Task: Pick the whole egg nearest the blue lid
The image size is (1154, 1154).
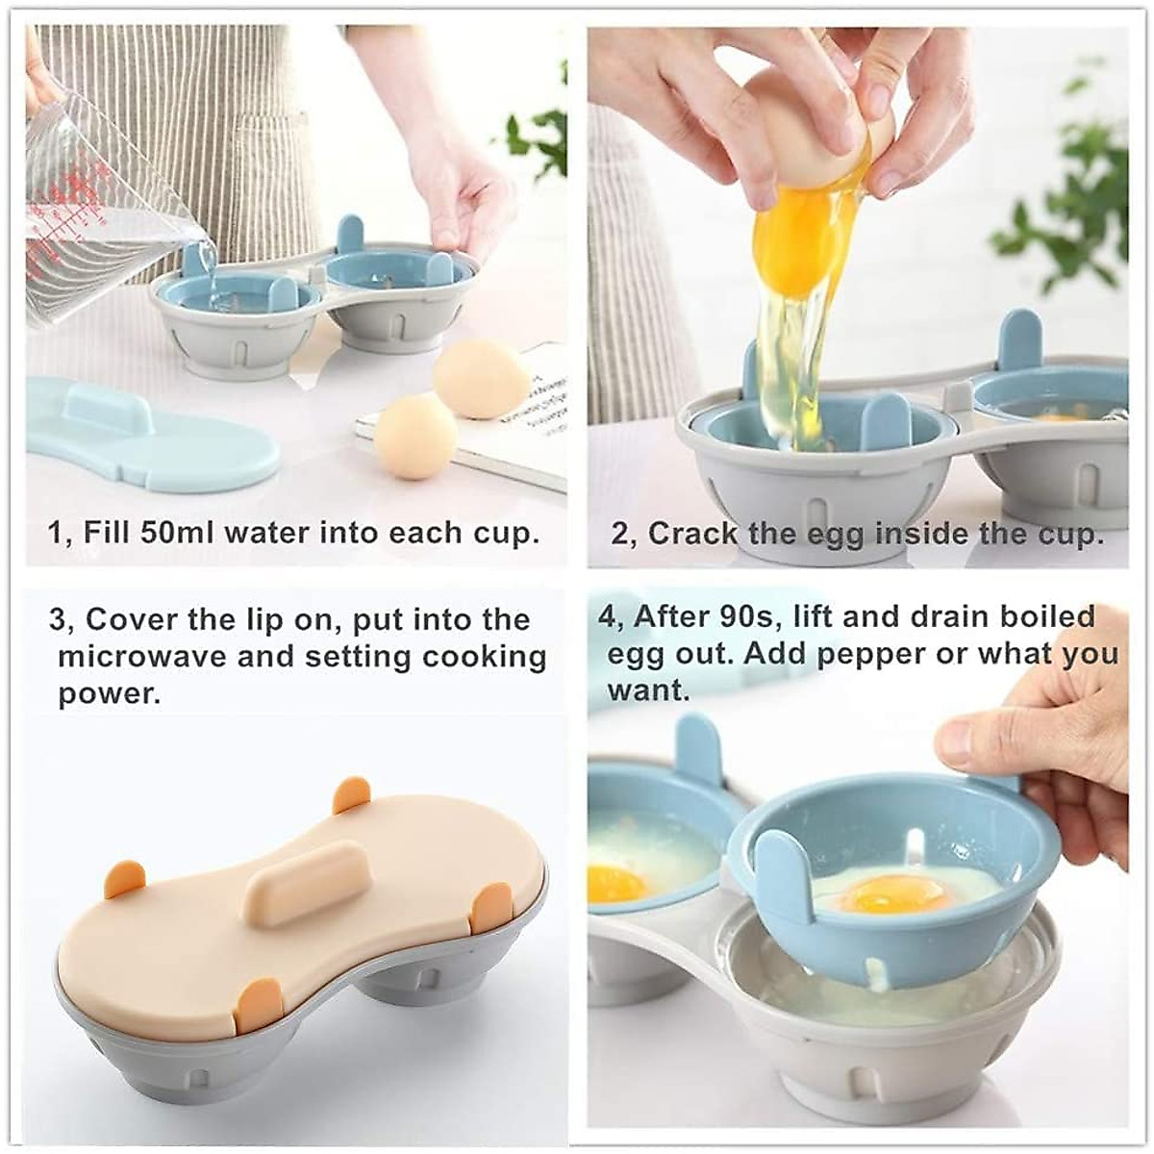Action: (x=415, y=436)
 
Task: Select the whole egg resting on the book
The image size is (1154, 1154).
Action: (x=481, y=382)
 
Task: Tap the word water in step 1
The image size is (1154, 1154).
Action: (x=267, y=533)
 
